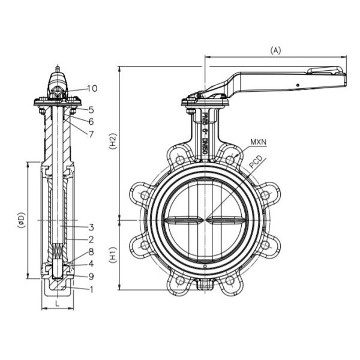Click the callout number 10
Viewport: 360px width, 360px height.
pos(91,88)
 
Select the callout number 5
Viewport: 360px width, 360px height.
pos(91,110)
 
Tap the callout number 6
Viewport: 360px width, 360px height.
pos(91,121)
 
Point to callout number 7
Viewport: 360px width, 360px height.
pos(91,133)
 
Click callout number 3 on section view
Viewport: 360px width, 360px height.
pos(91,227)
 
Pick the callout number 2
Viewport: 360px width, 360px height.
pos(91,239)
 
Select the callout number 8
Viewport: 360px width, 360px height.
pos(91,251)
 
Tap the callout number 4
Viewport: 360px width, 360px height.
pos(91,263)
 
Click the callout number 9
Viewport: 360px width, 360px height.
pos(91,276)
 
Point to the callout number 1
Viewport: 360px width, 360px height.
pos(91,289)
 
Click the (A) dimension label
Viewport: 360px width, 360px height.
pos(275,50)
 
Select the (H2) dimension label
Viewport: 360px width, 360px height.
pos(112,142)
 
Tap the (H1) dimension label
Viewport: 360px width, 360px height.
pos(112,256)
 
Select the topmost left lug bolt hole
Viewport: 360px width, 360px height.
pos(179,159)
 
